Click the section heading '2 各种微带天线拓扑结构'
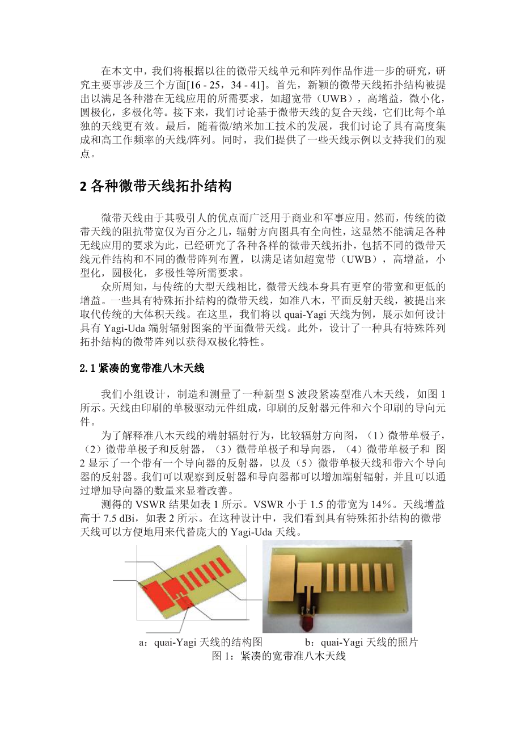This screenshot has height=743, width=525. pyautogui.click(x=156, y=186)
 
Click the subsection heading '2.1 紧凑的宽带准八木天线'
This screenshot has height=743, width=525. pyautogui.click(x=141, y=369)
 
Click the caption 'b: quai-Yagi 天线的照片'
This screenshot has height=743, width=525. pyautogui.click(x=361, y=643)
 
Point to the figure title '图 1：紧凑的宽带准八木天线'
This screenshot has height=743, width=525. pyautogui.click(x=278, y=656)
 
